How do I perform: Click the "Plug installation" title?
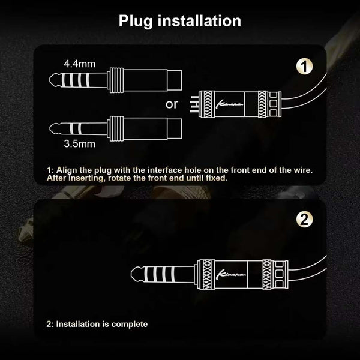[x=179, y=21]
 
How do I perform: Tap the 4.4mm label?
[x=80, y=63]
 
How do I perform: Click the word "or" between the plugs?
[x=172, y=104]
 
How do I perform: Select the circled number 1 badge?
[x=305, y=67]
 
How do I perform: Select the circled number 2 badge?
[x=305, y=219]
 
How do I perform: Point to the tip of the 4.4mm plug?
[x=52, y=79]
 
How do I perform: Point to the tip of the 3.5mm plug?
[x=52, y=127]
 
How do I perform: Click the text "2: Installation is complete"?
[x=97, y=324]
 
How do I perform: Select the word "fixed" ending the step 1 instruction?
[x=217, y=179]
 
